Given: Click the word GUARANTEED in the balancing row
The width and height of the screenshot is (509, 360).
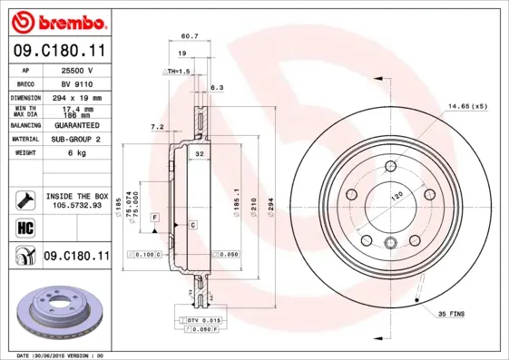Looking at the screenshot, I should pos(75,125).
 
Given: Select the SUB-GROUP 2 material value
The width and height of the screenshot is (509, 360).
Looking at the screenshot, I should pos(75,140).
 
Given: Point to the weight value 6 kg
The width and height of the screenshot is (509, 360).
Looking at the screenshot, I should pos(75,153).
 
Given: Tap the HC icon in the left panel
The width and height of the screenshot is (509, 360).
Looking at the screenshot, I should pos(24,227).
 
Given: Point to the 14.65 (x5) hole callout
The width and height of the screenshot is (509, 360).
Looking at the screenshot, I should pos(465,107).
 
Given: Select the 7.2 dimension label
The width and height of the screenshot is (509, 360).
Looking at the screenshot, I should pos(155,127).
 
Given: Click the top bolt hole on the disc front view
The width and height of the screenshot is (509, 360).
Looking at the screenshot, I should pos(390,166).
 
